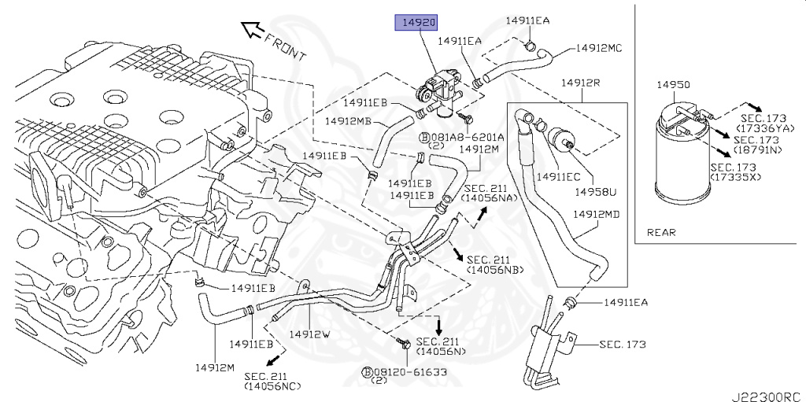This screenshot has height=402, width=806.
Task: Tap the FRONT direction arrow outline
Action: [x=253, y=31]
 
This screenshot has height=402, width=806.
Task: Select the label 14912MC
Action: [x=599, y=47]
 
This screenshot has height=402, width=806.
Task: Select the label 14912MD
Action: [x=596, y=214]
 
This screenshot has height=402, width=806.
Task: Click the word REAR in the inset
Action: [x=661, y=232]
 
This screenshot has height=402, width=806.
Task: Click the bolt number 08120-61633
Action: [x=409, y=371]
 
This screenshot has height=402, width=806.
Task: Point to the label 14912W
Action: [x=309, y=334]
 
